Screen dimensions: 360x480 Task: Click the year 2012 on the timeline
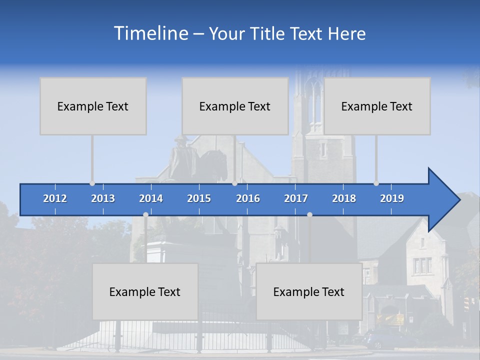point(55,198)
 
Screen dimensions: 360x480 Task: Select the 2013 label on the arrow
point(103,198)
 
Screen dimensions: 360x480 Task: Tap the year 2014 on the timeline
point(151,198)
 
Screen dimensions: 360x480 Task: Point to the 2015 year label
point(199,198)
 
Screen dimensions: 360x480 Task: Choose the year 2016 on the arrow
point(248,198)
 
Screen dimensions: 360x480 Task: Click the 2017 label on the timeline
point(296,198)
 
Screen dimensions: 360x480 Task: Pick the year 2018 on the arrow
point(344,198)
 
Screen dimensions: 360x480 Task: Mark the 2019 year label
point(392,198)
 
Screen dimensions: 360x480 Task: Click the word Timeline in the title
point(150,33)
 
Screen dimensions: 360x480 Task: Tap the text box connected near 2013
point(93,106)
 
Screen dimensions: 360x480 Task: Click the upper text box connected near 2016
point(235,106)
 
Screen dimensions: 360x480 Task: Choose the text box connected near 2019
point(377,106)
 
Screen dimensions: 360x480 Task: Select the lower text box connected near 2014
point(145,291)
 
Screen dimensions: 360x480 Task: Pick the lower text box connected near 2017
point(309,291)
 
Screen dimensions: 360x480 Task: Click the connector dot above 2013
point(92,183)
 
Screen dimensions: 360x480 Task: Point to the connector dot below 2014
point(145,214)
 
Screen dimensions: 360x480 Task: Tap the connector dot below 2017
point(309,214)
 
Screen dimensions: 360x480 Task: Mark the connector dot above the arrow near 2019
point(376,183)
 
